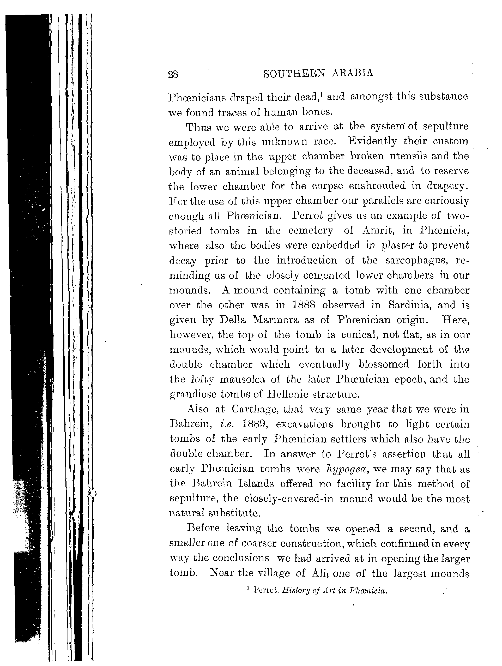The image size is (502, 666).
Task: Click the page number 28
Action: coord(173,74)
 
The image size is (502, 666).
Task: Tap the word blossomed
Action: coord(384,364)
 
